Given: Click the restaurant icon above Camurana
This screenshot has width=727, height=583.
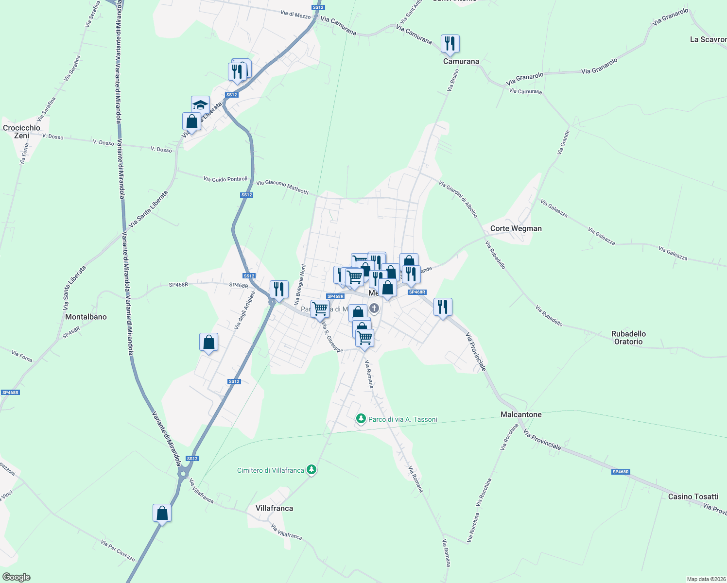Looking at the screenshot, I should coord(450,44).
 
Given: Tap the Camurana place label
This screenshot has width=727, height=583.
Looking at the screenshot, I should coord(461,62).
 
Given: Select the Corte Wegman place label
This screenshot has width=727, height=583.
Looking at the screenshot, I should coord(516,228).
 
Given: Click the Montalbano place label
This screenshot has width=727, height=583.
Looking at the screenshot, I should coord(86,317).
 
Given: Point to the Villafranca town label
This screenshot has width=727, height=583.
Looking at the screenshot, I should coord(274,508).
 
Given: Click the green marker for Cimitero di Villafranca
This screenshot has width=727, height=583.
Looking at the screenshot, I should coord(312,470).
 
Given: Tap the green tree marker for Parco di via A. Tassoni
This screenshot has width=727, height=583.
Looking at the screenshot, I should coord(361,418).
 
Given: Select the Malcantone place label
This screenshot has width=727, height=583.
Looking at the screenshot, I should coord(521,414).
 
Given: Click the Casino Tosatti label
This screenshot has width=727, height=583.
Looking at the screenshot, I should coord(693,497).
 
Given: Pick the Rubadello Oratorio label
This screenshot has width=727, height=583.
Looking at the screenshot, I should coord(628,338).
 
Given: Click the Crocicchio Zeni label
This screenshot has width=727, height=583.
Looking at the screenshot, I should coord(21,132).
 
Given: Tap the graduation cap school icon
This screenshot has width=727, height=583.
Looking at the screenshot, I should coord(200,104).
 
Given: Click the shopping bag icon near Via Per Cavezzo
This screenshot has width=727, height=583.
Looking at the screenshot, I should coord(162,513).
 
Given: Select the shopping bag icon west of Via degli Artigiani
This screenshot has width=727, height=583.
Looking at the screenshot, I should coord(208,342).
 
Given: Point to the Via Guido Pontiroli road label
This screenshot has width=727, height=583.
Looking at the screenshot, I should coord(225,179).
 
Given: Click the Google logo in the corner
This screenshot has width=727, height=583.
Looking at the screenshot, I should coord(17,577).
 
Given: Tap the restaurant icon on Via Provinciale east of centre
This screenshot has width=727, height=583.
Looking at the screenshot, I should coord(442,307).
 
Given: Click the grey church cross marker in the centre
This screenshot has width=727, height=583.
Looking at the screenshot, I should coord(374,308).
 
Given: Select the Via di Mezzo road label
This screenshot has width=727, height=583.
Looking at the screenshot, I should coord(295,15).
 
